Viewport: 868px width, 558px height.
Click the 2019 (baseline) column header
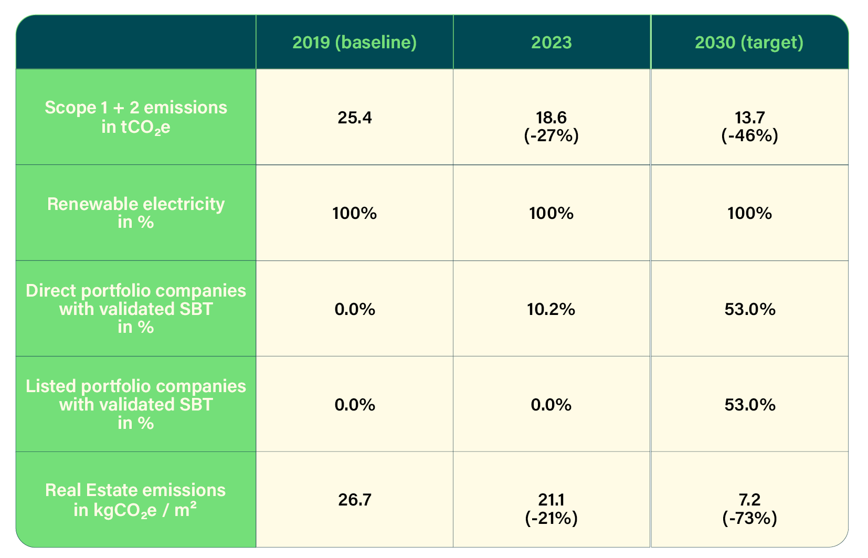(x=354, y=43)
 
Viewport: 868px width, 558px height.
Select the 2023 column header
(x=551, y=43)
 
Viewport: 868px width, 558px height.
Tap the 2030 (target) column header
(x=749, y=43)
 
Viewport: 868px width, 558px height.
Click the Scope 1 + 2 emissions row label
(x=135, y=117)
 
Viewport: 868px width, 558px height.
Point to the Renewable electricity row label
(x=135, y=213)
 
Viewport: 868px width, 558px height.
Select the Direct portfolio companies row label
(x=135, y=309)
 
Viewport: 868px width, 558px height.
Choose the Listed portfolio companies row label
(x=135, y=404)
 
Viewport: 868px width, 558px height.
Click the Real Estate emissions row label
(x=135, y=500)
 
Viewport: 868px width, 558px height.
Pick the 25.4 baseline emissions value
(x=355, y=118)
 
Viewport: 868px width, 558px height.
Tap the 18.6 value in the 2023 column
(x=551, y=117)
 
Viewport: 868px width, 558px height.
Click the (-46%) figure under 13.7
(x=749, y=136)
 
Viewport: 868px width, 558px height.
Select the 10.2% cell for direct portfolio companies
(x=551, y=309)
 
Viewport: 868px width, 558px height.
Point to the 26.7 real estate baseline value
(x=355, y=500)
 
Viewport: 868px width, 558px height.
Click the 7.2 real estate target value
(x=749, y=499)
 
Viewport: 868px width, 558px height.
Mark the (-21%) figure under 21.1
(x=551, y=518)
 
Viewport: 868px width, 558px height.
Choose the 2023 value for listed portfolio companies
(x=551, y=405)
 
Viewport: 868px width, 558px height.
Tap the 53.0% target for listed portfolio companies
(x=749, y=405)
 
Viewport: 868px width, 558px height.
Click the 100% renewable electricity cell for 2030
(x=749, y=213)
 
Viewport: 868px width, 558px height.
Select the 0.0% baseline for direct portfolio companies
(x=355, y=309)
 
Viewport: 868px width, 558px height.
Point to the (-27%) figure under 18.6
(x=551, y=136)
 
